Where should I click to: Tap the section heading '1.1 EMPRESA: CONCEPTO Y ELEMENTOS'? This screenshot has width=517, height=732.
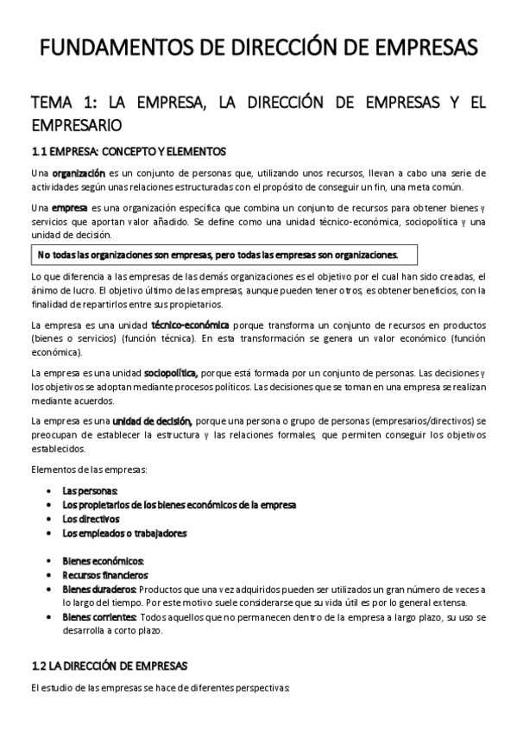pos(128,151)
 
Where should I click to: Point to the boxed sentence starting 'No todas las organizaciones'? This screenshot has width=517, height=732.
pos(218,255)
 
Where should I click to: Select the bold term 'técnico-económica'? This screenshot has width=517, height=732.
pos(190,325)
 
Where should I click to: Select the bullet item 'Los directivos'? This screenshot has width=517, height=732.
pos(91,519)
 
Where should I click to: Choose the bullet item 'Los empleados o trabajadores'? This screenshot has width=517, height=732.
pos(124,533)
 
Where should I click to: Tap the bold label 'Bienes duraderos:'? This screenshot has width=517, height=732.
pos(99,589)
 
